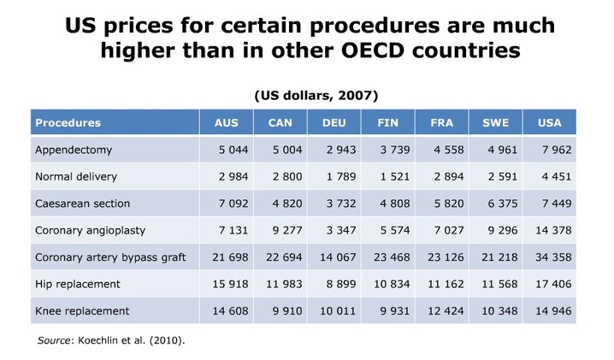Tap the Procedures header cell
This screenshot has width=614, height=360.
[68, 122]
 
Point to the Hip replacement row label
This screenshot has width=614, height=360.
[77, 283]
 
